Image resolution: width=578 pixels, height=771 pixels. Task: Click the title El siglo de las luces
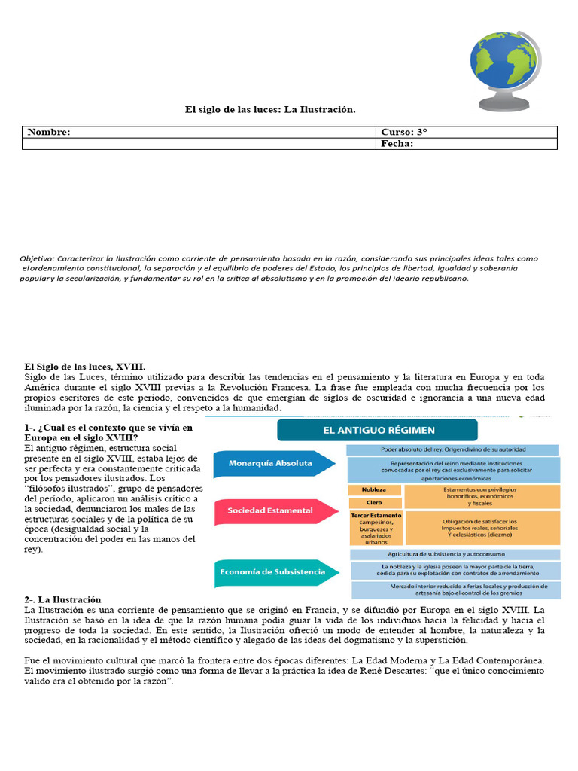pos(270,110)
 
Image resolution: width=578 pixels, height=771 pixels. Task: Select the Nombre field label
pos(49,132)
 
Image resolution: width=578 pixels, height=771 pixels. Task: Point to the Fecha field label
pos(397,144)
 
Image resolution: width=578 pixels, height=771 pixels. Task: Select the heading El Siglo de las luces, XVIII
pos(80,365)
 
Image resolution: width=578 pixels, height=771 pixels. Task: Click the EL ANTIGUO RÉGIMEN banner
pos(378,430)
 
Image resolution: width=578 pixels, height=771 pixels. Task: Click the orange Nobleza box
pos(374,489)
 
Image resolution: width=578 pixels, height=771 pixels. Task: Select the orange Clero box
pos(374,502)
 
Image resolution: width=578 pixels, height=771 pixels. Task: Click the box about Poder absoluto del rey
pos(452,449)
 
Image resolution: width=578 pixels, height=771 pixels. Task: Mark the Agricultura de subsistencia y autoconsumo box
pos(452,554)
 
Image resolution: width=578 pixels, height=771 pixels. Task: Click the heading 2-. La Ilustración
pos(62,599)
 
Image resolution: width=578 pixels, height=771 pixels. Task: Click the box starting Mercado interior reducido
pos(454,590)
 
